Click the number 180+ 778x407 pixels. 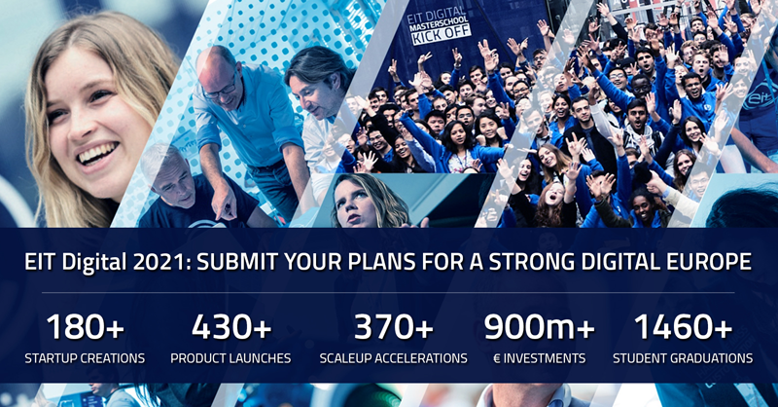point(85,327)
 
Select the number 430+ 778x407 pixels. point(231,327)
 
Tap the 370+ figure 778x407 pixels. point(394,327)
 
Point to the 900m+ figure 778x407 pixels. point(540,327)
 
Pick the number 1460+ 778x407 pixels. point(683,327)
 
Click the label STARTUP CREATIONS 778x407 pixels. point(85,358)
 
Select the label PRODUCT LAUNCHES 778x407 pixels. point(230,358)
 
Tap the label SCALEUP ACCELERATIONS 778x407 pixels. point(394,358)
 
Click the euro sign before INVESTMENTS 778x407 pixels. point(497,358)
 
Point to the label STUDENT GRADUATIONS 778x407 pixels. point(683,358)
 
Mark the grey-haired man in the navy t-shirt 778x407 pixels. point(189,191)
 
